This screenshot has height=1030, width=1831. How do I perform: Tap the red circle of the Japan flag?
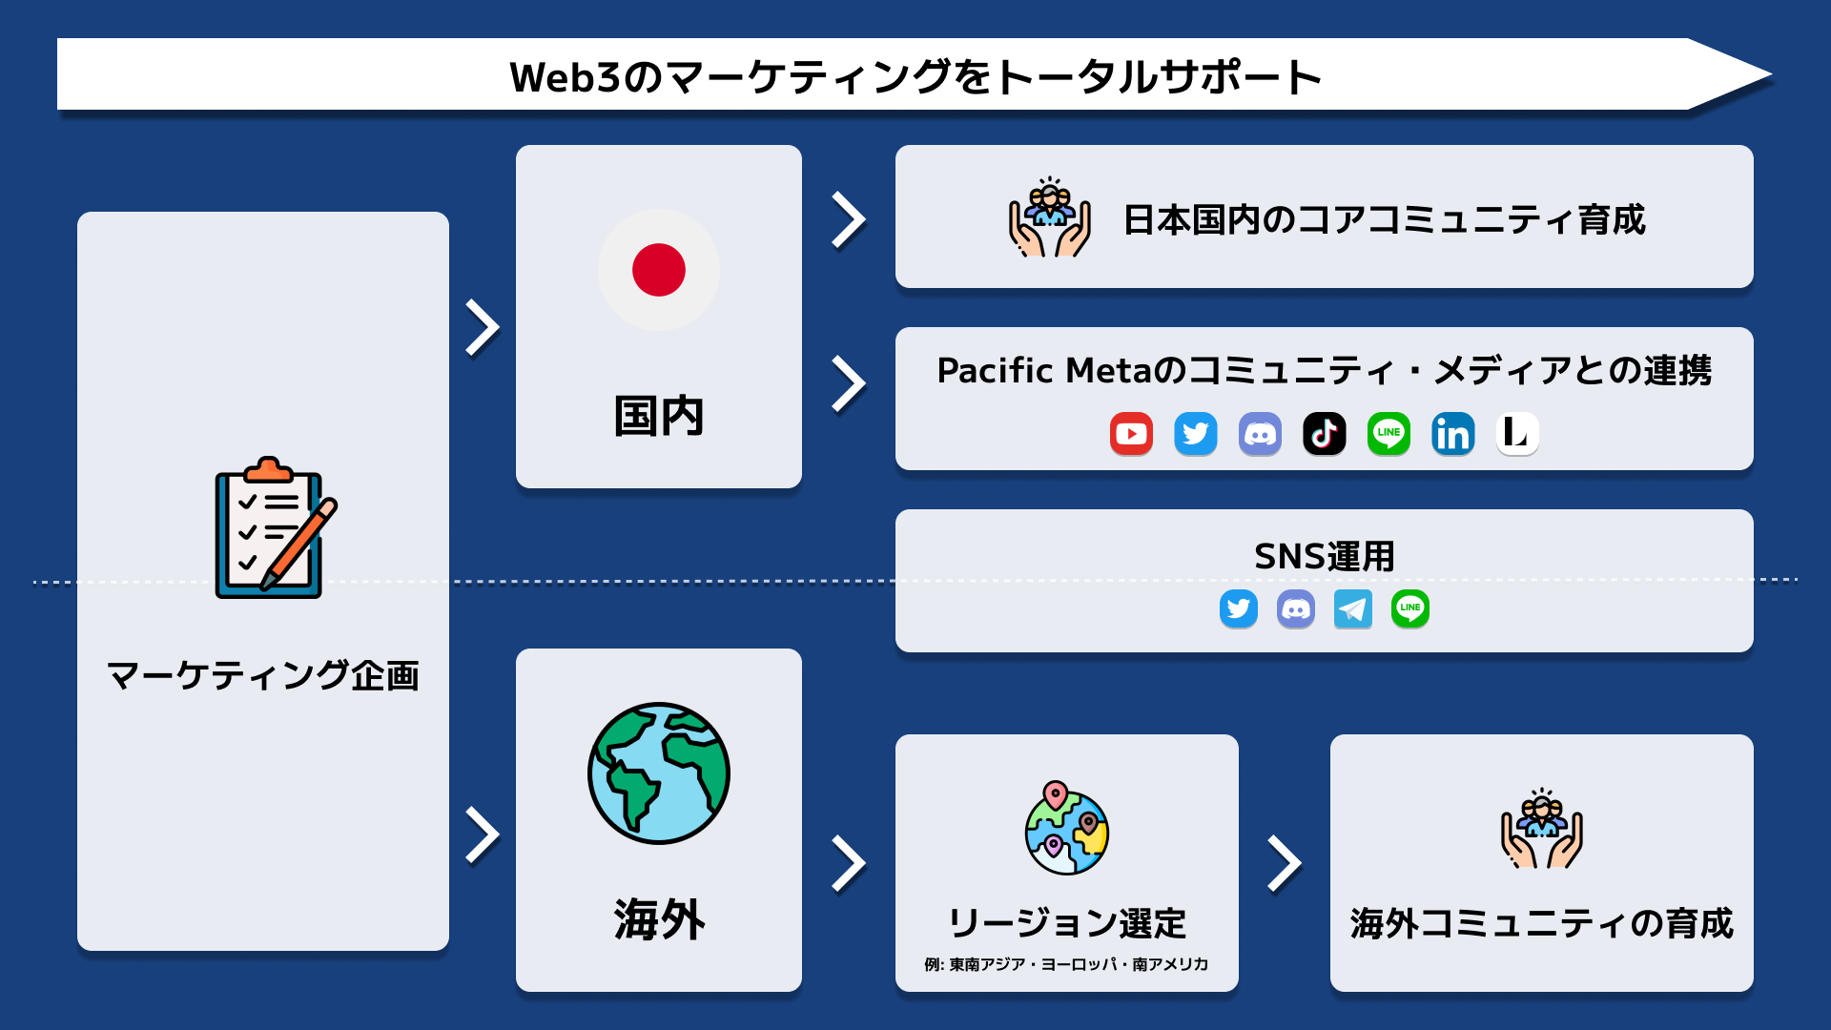(x=659, y=270)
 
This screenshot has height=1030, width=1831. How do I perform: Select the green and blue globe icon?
(x=659, y=773)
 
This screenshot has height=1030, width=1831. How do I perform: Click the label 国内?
(x=659, y=417)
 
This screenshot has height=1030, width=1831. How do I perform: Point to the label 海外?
(x=659, y=920)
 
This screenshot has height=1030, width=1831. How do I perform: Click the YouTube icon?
(x=1131, y=434)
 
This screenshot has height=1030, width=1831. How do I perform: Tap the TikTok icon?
(x=1325, y=434)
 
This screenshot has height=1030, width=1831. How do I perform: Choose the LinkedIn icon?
(x=1453, y=434)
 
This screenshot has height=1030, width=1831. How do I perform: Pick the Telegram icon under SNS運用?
(x=1353, y=608)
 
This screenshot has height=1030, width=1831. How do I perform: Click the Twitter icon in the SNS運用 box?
(x=1239, y=608)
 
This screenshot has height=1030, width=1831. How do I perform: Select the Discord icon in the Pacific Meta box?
(x=1260, y=434)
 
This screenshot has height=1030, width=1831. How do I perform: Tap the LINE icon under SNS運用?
(x=1410, y=608)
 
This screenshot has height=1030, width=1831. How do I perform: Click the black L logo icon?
(x=1517, y=434)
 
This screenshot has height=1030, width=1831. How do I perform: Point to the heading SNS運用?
(x=1325, y=556)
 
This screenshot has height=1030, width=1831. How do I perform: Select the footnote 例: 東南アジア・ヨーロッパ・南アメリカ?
(x=1066, y=964)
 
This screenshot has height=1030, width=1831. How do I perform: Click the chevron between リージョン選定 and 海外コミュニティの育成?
(x=1285, y=864)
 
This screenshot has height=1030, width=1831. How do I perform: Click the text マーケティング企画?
(x=263, y=675)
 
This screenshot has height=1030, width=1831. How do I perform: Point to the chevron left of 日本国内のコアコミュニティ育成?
(x=848, y=220)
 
